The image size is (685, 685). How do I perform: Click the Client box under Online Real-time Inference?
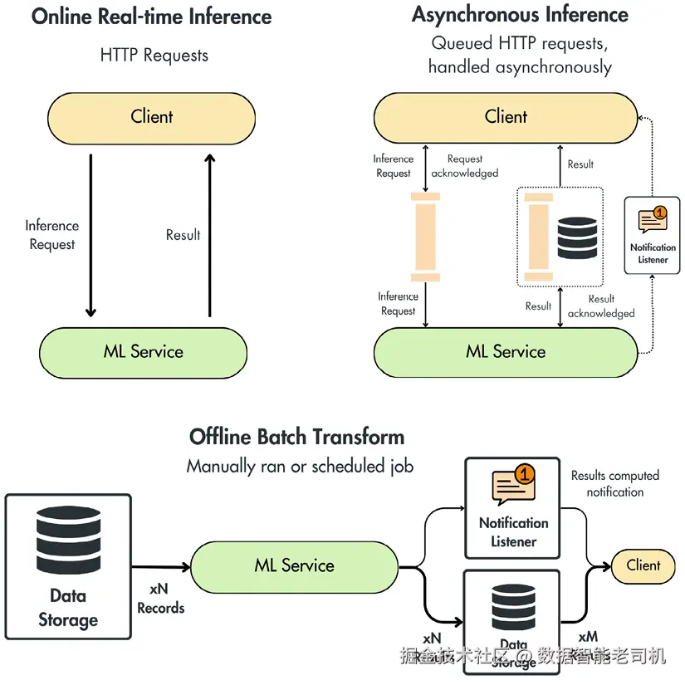151,117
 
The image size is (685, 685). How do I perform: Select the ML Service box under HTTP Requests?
144,351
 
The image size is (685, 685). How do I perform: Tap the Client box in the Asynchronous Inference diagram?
506,117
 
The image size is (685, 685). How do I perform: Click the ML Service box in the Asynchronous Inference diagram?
506,351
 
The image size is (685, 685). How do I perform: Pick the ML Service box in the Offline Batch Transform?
295,566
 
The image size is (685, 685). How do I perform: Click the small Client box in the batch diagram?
643,566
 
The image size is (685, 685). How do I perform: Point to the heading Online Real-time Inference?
152,17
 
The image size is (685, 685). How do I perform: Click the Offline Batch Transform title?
297,437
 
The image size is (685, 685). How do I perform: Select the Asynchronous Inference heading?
520,15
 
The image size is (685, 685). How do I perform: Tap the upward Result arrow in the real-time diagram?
209,237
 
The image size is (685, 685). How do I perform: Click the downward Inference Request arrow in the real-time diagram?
91,237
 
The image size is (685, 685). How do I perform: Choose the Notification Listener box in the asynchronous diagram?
653,235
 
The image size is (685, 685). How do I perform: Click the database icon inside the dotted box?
577,237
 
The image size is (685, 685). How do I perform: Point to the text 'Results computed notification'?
614,484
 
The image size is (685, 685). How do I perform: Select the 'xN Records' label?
160,599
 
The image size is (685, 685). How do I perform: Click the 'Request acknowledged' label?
465,166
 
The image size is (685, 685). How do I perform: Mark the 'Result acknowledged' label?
601,306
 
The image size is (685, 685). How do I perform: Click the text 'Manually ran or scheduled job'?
300,467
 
